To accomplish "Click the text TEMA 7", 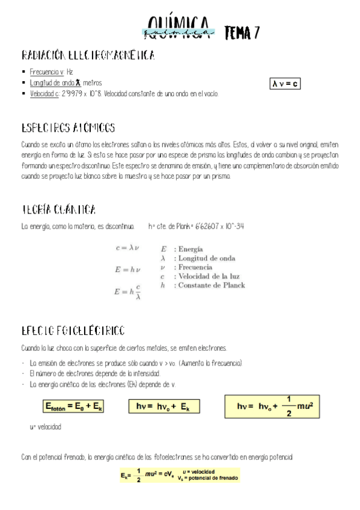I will point(242,32).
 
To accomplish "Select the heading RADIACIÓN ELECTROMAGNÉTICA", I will point(88,56).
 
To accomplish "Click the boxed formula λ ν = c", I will point(285,84).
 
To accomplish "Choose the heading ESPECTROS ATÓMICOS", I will point(68,128).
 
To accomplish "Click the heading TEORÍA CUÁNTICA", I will point(58,210).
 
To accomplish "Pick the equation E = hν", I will point(127,269).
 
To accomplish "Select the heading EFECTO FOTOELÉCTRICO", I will point(73,331).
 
